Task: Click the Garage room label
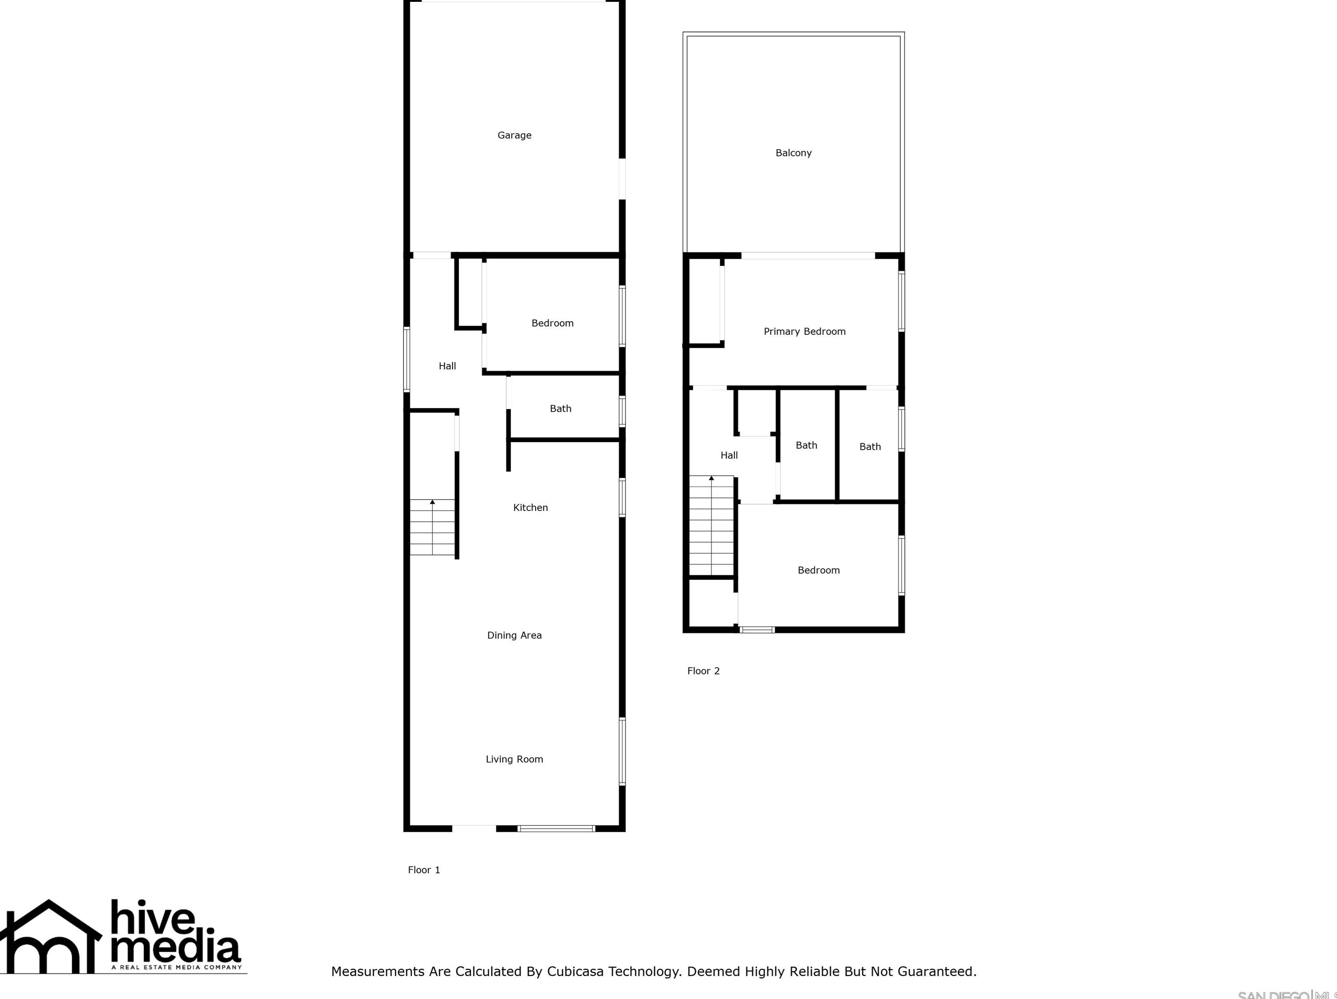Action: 514,135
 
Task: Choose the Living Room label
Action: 514,759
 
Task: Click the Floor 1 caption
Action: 424,870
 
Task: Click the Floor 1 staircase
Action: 432,527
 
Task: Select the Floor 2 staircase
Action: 711,526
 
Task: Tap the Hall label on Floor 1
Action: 447,365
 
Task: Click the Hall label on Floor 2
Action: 729,455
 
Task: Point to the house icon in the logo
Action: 50,937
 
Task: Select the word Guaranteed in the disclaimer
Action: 936,971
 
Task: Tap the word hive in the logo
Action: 152,919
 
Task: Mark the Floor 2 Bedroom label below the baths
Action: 819,570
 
